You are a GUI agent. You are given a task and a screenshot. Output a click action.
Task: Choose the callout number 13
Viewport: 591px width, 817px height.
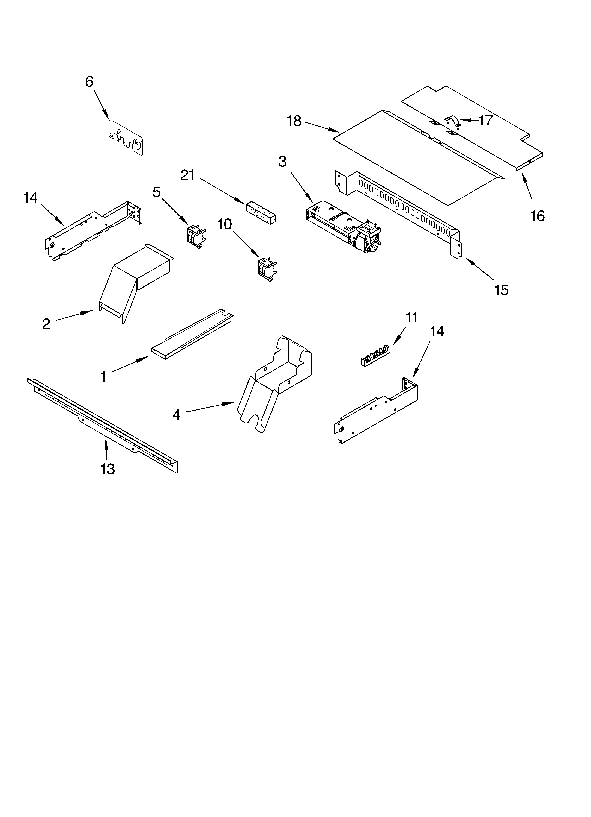coord(108,469)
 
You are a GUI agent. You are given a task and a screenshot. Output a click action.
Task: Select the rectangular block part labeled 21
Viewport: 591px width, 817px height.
coord(261,213)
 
